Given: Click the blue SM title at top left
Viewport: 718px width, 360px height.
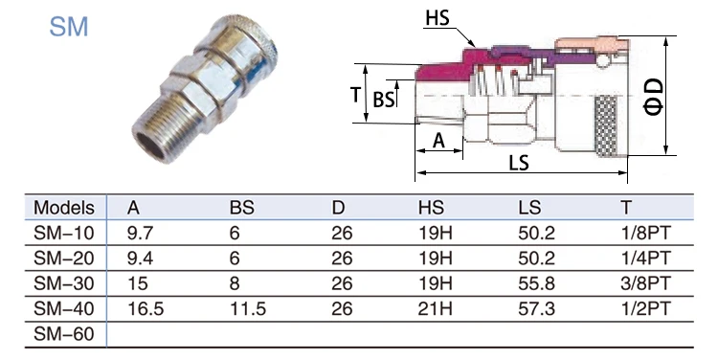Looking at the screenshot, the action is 69,27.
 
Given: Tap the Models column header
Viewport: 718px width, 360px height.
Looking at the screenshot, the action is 63,208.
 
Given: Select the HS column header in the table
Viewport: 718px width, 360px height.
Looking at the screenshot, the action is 431,208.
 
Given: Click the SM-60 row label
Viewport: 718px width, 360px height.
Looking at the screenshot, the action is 63,334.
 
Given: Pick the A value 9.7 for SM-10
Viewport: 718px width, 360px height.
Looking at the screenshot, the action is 140,233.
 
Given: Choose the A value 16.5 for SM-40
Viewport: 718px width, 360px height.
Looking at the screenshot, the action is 146,308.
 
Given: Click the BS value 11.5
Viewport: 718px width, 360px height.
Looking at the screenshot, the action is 248,308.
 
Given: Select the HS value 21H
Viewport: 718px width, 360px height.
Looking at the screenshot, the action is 435,308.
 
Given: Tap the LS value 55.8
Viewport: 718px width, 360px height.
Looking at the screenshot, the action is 537,283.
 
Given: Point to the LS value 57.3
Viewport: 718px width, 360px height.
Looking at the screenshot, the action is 537,308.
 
